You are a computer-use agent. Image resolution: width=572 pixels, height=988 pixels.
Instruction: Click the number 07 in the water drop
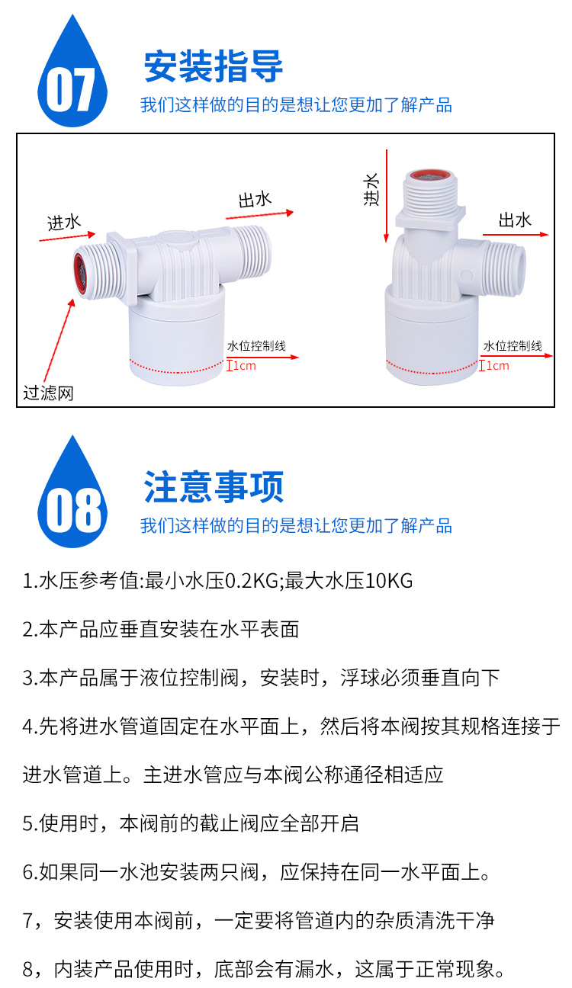[70, 90]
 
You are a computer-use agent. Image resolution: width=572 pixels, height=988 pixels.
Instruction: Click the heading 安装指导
[214, 66]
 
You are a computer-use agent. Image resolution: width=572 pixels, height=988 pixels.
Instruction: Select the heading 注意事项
[214, 487]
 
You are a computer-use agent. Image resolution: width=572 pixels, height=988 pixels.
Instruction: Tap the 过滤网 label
[49, 393]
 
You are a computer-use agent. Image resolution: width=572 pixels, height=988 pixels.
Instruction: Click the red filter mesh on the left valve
[80, 274]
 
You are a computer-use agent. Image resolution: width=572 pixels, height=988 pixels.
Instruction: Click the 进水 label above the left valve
[64, 223]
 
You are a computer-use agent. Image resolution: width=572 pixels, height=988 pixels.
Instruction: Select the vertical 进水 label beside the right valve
[371, 189]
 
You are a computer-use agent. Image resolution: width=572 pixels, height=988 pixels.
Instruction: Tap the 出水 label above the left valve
[255, 200]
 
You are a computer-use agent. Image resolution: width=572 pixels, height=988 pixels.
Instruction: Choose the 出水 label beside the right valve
[515, 220]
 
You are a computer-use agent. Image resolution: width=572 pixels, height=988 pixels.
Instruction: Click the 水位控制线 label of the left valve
[256, 346]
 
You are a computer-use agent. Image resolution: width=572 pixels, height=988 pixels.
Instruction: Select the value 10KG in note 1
[389, 580]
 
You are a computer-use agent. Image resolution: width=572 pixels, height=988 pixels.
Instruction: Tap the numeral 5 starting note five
[27, 824]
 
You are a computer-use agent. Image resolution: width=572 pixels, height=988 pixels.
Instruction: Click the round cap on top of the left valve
[178, 239]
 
